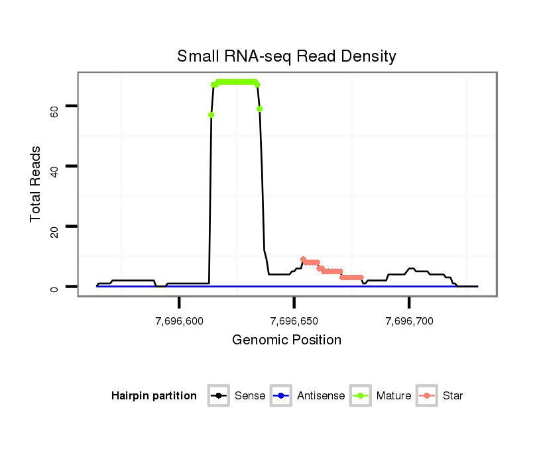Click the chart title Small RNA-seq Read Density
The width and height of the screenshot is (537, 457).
286,56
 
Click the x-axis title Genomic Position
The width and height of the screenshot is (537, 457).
286,340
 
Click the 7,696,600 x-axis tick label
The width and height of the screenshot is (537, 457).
180,321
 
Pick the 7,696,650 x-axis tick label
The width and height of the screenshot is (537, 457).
294,321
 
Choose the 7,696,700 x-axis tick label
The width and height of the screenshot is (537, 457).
409,321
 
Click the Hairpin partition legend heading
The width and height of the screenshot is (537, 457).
154,396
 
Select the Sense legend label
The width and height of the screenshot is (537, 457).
250,396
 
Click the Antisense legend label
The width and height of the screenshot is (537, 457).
321,396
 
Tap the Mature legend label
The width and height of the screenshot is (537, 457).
394,396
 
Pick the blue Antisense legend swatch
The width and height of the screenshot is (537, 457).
282,396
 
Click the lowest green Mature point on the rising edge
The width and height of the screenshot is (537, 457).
211,115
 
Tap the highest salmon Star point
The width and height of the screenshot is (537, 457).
303,260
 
